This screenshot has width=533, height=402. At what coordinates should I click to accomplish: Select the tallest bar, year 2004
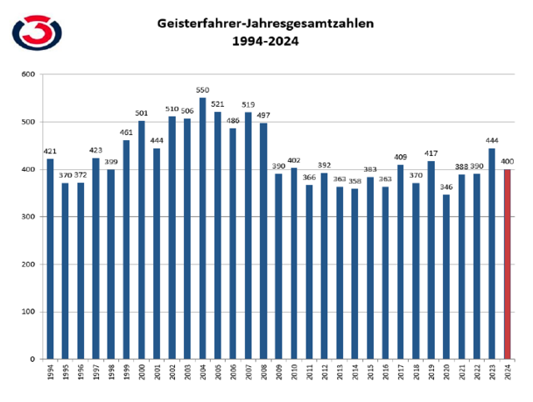click(x=202, y=229)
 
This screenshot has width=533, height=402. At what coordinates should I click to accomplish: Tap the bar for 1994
click(x=51, y=259)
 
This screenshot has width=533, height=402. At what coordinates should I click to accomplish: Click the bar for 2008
click(x=262, y=241)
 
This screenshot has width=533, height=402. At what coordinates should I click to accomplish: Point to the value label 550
click(x=202, y=89)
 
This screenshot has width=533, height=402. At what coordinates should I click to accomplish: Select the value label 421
click(x=50, y=151)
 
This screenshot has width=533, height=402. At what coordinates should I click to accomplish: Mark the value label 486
click(x=232, y=120)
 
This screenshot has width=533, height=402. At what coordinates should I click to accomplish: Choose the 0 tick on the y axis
click(x=33, y=359)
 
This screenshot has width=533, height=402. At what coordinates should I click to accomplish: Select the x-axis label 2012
click(x=323, y=372)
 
